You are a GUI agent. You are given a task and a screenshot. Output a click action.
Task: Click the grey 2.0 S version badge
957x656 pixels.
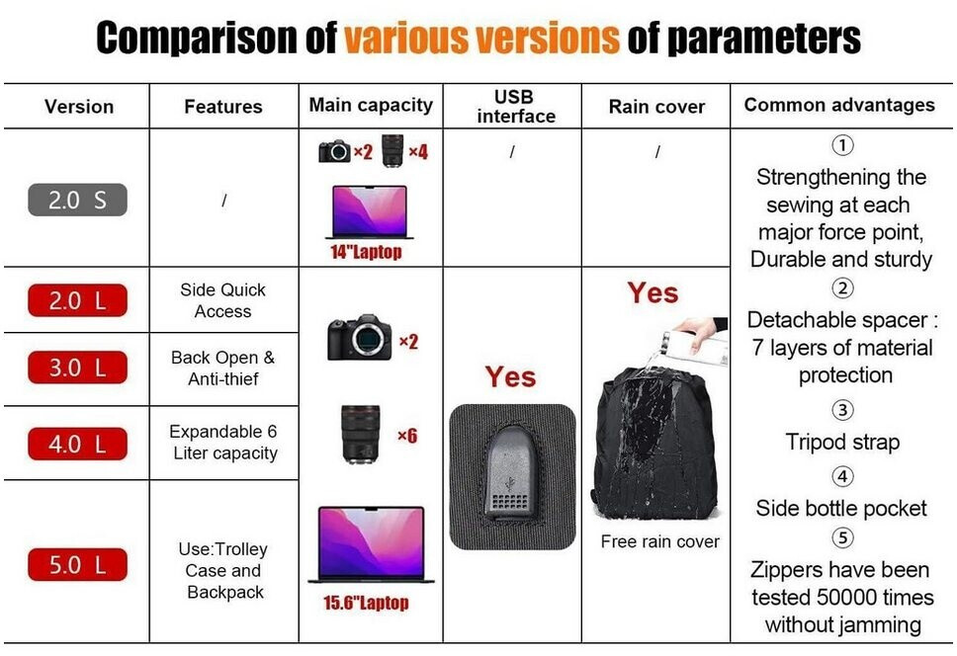(x=77, y=200)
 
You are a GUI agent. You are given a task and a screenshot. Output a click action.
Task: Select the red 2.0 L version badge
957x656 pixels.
(x=77, y=300)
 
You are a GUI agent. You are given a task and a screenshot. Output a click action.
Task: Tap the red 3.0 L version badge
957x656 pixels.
(x=77, y=367)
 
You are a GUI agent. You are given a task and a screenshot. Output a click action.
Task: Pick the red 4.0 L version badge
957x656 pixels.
(x=77, y=444)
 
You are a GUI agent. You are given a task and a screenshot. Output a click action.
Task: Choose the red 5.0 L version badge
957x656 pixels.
(x=77, y=564)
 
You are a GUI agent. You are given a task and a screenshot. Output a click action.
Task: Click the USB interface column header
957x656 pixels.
(x=516, y=106)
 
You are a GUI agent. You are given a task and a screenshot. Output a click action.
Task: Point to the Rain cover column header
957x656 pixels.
(x=656, y=107)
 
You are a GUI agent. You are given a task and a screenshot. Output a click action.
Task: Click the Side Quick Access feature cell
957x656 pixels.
(x=223, y=300)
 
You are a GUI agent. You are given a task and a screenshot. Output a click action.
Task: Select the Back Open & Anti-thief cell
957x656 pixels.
(x=223, y=368)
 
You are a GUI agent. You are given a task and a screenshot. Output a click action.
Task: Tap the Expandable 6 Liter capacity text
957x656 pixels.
(x=224, y=442)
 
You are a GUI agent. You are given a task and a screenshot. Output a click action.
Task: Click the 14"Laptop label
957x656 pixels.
(x=366, y=252)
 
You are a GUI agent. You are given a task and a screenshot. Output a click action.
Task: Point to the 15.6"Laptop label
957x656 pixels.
(x=366, y=603)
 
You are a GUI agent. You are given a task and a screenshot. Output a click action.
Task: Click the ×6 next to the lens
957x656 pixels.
(x=407, y=436)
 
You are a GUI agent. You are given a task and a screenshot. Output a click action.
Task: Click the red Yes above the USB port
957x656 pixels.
(x=511, y=376)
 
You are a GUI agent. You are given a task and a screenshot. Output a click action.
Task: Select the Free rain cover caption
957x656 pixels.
(x=659, y=541)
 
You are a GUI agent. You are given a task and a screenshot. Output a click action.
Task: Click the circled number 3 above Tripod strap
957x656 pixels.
(x=843, y=410)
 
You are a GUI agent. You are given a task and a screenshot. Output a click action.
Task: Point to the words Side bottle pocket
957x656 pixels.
(x=841, y=508)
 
